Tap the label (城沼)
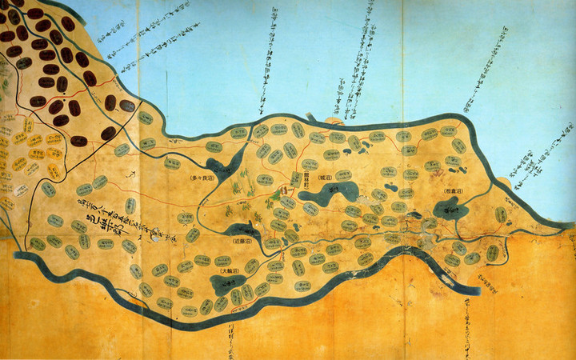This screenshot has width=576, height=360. [324, 177]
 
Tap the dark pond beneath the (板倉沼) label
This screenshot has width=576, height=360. [450, 210]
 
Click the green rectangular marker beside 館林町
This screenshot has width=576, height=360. [295, 181]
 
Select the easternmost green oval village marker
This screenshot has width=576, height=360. [500, 214]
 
